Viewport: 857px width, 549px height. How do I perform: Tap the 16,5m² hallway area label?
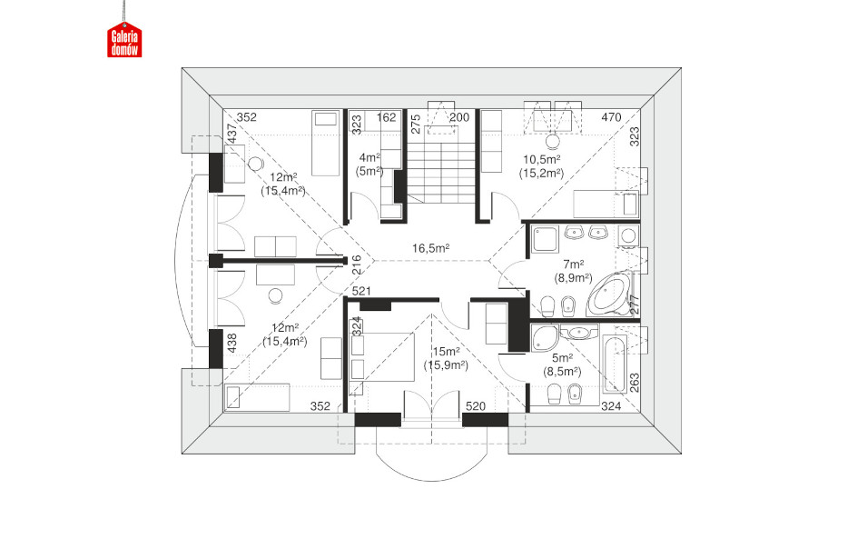[x=430, y=248]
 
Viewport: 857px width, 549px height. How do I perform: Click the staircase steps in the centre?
[x=440, y=173]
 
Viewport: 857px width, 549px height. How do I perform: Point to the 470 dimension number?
[x=611, y=117]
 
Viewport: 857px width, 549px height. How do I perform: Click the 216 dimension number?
[x=356, y=265]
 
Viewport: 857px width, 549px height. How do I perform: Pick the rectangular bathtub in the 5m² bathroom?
[x=614, y=364]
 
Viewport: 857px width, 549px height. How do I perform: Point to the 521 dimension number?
[x=361, y=291]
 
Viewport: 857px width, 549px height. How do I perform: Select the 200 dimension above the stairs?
[x=459, y=117]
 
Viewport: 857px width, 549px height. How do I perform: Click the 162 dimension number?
[x=387, y=117]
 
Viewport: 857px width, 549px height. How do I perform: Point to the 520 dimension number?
[x=476, y=406]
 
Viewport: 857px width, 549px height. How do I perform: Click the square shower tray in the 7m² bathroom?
[x=546, y=239]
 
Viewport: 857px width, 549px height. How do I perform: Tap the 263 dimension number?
[x=635, y=383]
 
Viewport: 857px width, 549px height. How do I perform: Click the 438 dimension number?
[x=232, y=344]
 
